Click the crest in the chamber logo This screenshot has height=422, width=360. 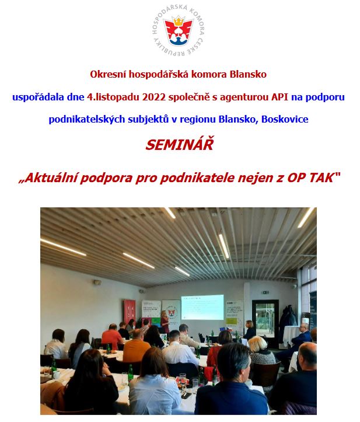[x=179, y=31]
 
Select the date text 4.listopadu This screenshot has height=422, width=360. [x=113, y=97]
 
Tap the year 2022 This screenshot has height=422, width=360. [x=154, y=97]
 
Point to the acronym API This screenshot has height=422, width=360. [x=280, y=97]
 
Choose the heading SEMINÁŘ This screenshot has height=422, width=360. [x=180, y=145]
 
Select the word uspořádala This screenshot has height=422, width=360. [x=38, y=97]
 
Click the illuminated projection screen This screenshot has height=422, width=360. [x=202, y=307]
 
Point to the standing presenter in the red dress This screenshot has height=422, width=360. [x=165, y=322]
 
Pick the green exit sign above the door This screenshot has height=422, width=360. [x=265, y=292]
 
